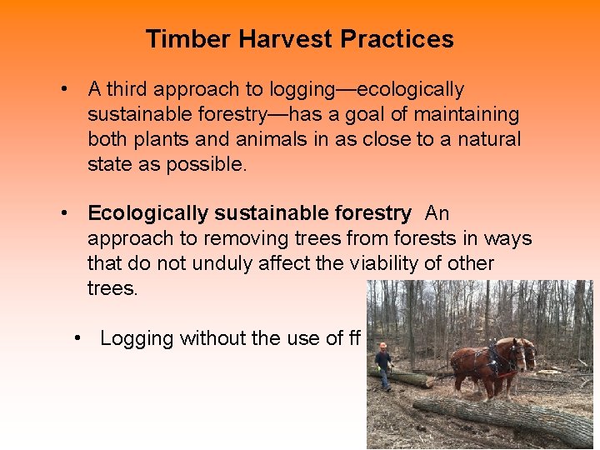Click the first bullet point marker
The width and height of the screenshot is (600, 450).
click(x=62, y=89)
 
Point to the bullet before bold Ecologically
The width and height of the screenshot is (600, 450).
click(x=62, y=214)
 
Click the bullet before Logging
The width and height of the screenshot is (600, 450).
click(x=77, y=338)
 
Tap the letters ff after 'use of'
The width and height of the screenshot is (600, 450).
click(x=353, y=338)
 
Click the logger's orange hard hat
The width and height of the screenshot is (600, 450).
click(x=382, y=346)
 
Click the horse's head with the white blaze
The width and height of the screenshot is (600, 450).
click(x=522, y=353)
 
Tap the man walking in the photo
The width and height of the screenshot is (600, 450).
click(x=383, y=367)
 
